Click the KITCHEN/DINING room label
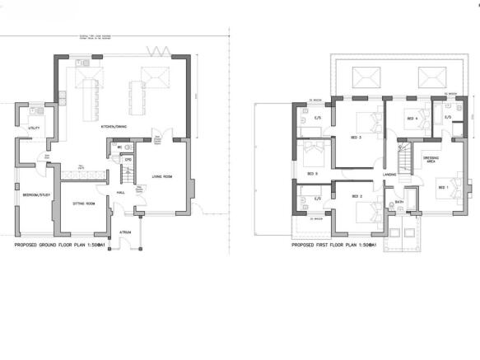(x=114, y=126)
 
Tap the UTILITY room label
(x=34, y=129)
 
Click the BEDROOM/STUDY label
(x=32, y=194)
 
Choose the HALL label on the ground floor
(x=120, y=192)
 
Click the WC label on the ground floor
(x=120, y=147)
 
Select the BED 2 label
(x=357, y=196)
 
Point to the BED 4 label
(x=412, y=119)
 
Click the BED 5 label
(x=312, y=174)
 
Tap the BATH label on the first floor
(x=398, y=202)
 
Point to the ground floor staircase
(x=127, y=175)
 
